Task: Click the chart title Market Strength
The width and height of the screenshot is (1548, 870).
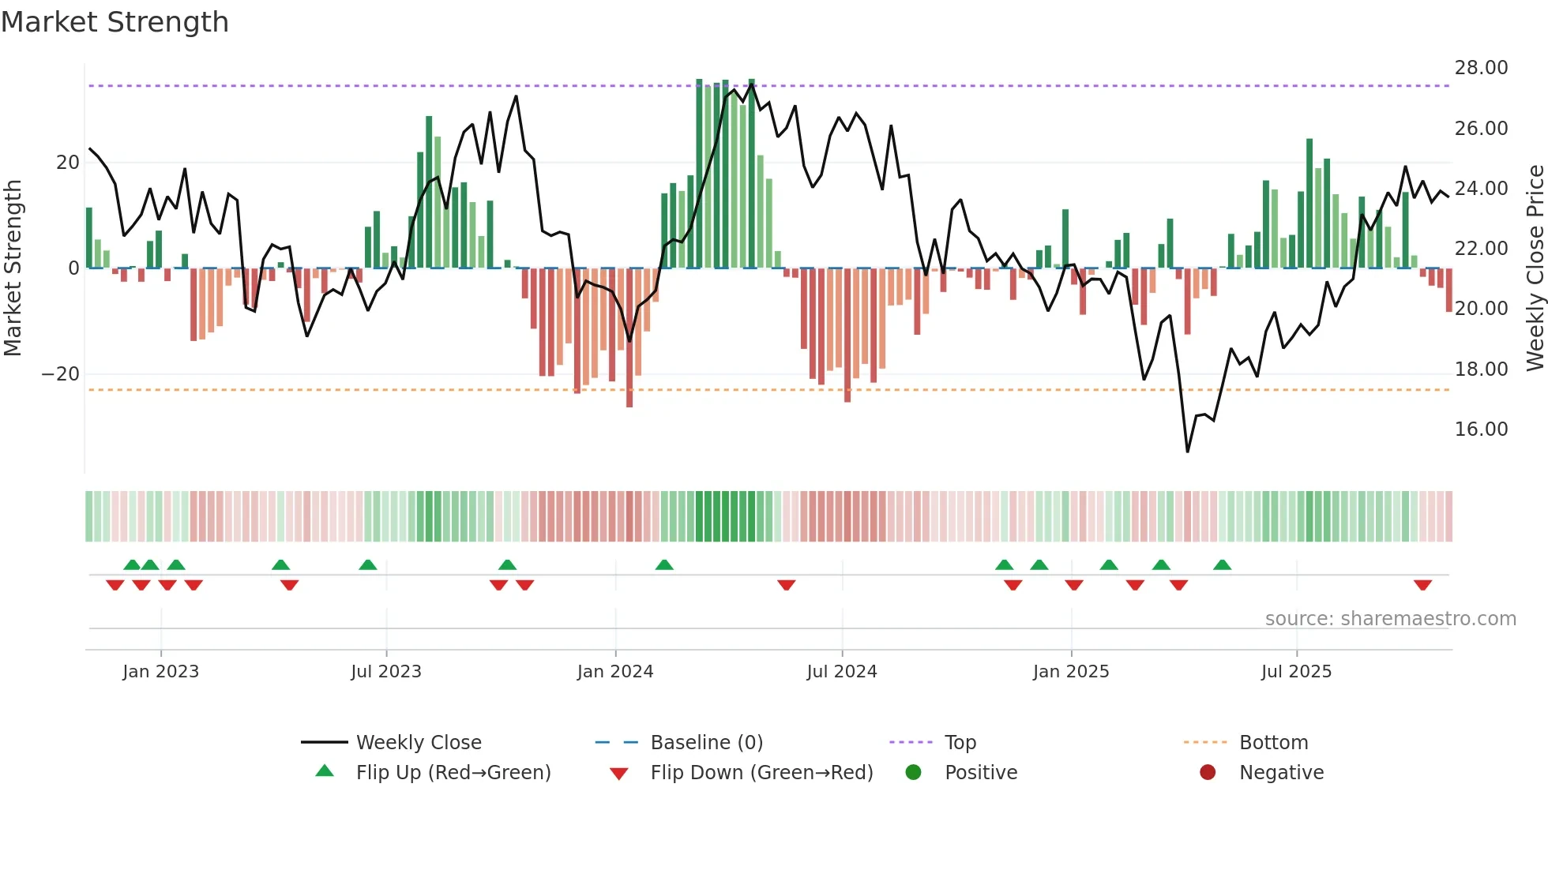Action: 115,22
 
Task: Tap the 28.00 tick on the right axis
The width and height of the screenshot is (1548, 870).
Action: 1481,68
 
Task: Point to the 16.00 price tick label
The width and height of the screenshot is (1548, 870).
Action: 1481,429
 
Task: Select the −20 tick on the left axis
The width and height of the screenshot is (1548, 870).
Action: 60,374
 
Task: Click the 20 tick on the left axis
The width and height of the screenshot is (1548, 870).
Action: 67,163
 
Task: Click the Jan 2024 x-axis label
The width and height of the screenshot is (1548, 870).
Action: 615,672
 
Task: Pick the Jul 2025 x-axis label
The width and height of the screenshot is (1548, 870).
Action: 1296,672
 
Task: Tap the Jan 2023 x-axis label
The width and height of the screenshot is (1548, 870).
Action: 160,672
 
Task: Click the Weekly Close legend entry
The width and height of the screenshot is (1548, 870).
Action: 418,743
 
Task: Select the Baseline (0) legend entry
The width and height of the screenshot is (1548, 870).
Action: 706,743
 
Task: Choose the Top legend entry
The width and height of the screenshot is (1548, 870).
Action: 960,743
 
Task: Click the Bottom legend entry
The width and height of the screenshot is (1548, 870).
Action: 1273,743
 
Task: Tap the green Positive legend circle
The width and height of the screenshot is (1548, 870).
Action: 913,773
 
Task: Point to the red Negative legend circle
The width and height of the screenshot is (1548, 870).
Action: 1208,773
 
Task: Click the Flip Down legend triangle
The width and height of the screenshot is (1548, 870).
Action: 619,774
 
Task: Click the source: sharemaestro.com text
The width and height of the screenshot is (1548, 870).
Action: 1390,619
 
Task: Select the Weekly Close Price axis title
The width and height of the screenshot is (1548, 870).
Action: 1535,268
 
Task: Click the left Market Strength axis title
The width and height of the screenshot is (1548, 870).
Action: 13,268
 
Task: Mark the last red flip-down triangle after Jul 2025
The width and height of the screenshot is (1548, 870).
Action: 1423,585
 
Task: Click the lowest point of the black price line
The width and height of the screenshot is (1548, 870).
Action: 1187,452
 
